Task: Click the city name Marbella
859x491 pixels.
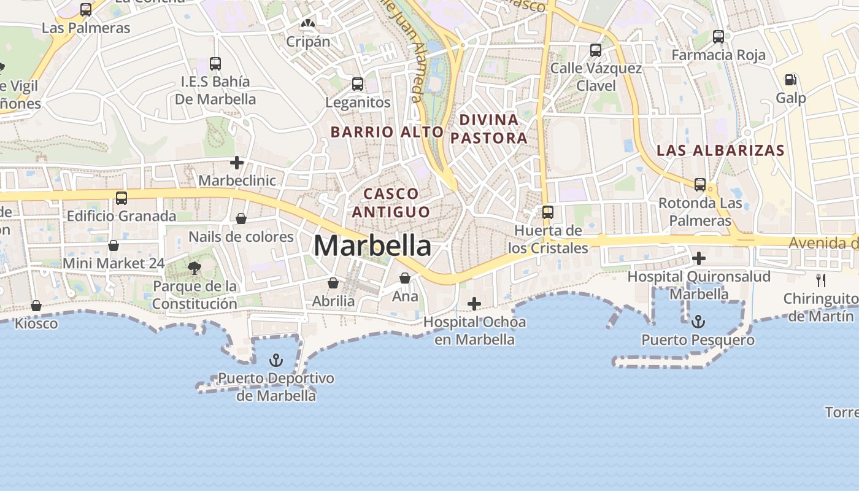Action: click(x=372, y=246)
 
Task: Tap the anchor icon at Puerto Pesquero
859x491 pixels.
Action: click(x=698, y=321)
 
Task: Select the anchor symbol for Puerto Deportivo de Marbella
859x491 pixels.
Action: click(x=276, y=360)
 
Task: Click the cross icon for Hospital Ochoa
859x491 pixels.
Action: click(x=474, y=304)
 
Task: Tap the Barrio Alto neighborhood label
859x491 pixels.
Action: click(x=387, y=132)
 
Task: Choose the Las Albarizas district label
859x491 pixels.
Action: click(x=720, y=150)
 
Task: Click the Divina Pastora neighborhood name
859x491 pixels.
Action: click(x=489, y=129)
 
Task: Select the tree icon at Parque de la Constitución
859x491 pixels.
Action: click(x=195, y=268)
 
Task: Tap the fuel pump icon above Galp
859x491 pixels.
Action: click(x=790, y=80)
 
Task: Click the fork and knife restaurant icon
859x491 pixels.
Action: click(x=821, y=280)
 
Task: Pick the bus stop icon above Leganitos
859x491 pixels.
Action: click(x=358, y=84)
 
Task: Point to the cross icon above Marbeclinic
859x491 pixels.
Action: click(x=237, y=163)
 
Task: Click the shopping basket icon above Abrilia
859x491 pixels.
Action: click(x=333, y=283)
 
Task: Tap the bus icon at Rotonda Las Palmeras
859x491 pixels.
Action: click(x=699, y=184)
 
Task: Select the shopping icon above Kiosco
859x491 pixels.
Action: click(x=36, y=306)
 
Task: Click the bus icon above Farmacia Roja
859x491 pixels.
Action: click(x=718, y=37)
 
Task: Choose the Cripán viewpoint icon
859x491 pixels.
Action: click(x=307, y=24)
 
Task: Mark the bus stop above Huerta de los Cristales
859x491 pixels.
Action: click(x=547, y=212)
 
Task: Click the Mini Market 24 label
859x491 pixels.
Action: click(x=114, y=263)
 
